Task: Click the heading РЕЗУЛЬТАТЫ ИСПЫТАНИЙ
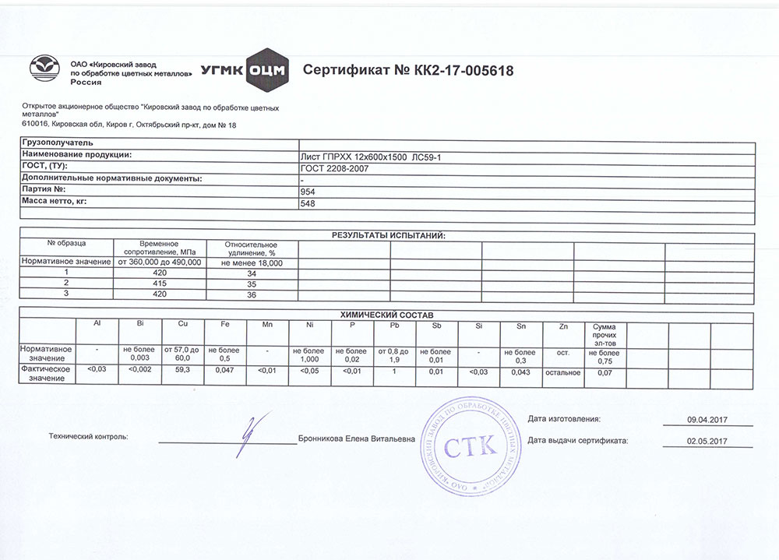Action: (388, 234)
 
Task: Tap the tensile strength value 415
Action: (160, 284)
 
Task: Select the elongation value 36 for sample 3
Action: (251, 295)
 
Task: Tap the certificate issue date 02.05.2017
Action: (706, 441)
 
